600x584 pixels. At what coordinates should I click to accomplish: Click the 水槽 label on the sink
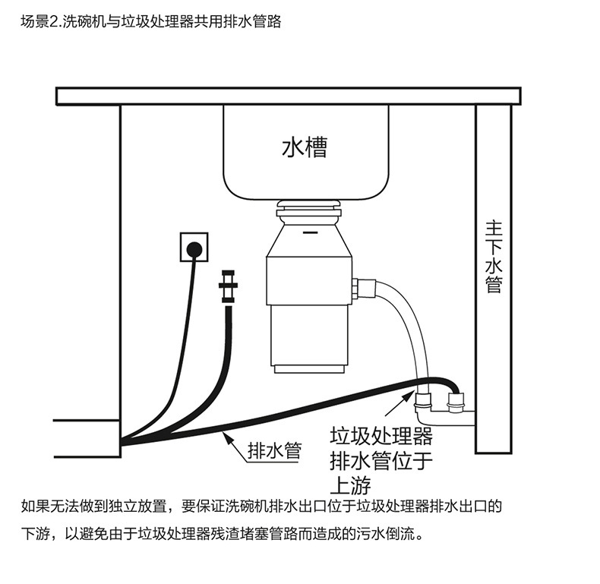point(305,147)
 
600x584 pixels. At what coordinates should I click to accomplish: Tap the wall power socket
point(193,248)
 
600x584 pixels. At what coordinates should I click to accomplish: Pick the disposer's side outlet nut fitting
point(362,288)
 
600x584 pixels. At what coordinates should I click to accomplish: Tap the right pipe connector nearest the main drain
point(456,400)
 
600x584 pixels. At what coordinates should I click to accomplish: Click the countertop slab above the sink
point(288,96)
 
